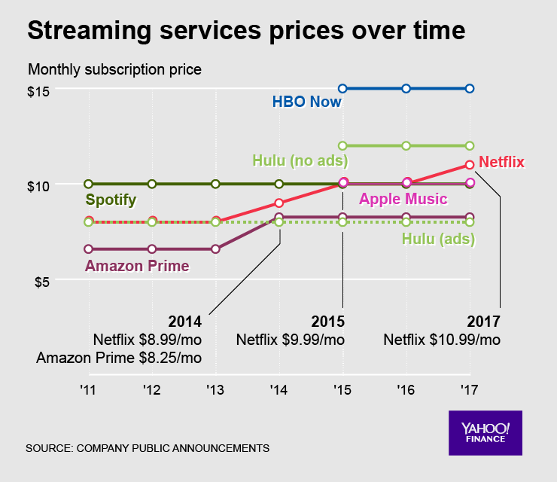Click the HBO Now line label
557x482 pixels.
(306, 102)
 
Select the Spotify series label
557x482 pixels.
(111, 200)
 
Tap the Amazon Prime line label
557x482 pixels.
(137, 265)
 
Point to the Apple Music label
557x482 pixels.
(403, 199)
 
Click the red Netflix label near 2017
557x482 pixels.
(501, 161)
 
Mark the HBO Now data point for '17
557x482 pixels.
(470, 88)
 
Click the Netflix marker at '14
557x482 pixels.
(279, 203)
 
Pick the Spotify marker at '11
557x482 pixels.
(89, 184)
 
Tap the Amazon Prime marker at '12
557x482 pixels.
(152, 249)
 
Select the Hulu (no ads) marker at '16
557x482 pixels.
(406, 145)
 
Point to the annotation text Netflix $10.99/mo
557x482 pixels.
(442, 340)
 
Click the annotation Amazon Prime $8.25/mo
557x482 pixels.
(118, 357)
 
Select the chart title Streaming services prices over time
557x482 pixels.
(246, 32)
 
